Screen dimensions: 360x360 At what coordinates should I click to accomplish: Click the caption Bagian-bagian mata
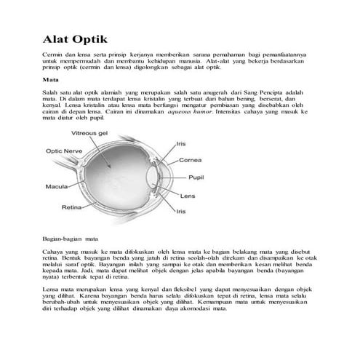click(71, 238)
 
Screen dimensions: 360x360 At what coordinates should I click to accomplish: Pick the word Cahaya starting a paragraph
click(52, 250)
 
